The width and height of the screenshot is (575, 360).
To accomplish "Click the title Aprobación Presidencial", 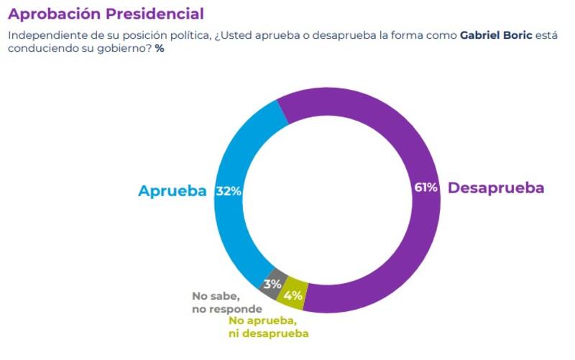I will tap(106, 14).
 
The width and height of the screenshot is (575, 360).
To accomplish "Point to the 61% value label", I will tap(425, 188).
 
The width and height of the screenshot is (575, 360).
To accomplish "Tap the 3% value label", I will tap(272, 283).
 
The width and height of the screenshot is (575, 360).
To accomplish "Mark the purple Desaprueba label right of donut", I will tap(496, 188).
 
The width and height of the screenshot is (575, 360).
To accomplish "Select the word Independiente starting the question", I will tap(43, 35).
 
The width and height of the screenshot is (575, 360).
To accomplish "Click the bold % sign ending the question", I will tap(160, 50).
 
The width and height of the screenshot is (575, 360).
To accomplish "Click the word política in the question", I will tap(190, 35).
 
